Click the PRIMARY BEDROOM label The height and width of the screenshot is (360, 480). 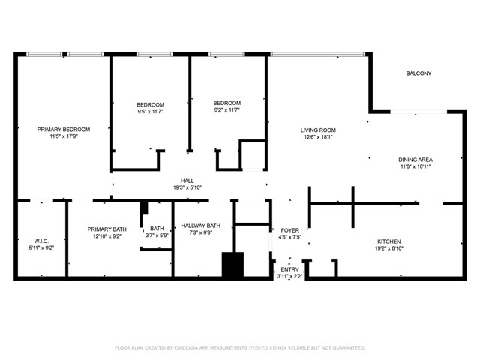coord(64,129)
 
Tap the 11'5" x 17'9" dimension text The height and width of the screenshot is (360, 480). coord(64,136)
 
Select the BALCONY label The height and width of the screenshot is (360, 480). coord(418,73)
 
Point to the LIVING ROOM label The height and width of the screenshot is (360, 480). coord(317,130)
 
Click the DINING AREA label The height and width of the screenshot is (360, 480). coord(415,159)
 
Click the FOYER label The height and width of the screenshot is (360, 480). coord(290,229)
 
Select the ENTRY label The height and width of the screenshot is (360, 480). coord(289,269)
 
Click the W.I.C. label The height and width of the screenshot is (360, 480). coord(40,241)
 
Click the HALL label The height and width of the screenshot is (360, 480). coord(187,180)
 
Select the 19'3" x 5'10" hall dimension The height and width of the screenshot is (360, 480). coord(187,187)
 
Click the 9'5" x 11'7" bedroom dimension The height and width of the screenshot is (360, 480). coord(150,111)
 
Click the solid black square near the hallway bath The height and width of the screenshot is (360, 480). coord(233,265)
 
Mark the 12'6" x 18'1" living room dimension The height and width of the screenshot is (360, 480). coord(317,137)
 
